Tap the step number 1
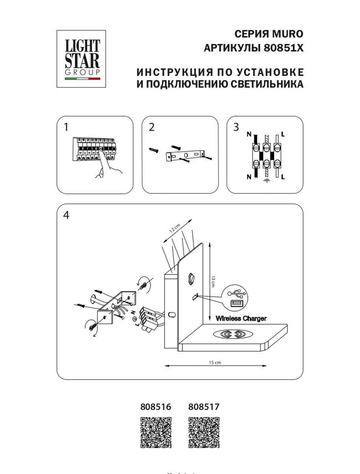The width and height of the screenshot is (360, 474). pos(66,127)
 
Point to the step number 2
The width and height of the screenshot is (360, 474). pos(152,127)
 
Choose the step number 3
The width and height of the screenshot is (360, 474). pos(236,127)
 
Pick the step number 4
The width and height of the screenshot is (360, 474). pos(66,215)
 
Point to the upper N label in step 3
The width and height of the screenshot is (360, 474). pos(249,134)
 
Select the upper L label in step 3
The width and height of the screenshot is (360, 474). pos(283,134)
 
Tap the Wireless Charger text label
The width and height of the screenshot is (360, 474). pos(241,318)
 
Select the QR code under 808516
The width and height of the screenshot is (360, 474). pos(156,433)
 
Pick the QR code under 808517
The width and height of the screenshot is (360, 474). pos(204,433)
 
